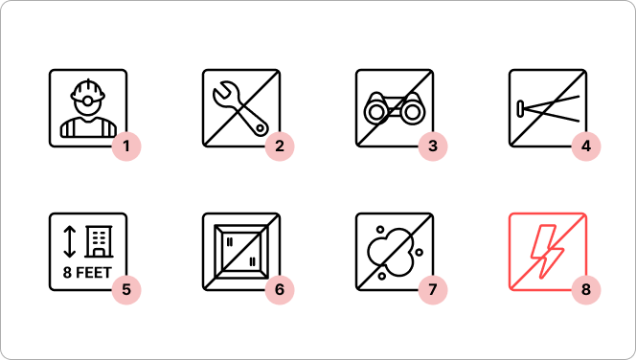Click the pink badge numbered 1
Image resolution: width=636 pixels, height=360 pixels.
pos(126,146)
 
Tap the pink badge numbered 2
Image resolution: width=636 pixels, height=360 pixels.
pos(280,146)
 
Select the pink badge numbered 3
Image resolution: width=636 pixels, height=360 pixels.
pos(433,146)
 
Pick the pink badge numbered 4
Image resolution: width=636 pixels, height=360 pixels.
pos(586,146)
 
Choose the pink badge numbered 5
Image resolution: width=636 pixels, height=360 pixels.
pos(126,289)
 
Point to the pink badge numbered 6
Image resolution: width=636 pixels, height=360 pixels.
pos(280,289)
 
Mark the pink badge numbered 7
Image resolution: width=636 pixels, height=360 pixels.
pos(433,289)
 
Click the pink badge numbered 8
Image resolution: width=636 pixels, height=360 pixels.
pos(586,289)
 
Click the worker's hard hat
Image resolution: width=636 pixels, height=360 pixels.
pos(87,90)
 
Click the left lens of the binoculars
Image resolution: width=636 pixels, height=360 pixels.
pos(376,112)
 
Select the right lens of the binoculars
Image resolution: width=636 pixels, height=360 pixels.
pos(413,112)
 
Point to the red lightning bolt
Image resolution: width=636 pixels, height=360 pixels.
pos(547,252)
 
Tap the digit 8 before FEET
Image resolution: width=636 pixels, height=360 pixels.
pos(67,273)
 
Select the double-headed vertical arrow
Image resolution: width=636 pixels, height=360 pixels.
pos(70,241)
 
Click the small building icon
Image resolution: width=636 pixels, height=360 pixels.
pos(99,241)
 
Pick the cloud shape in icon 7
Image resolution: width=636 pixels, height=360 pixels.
pos(390,252)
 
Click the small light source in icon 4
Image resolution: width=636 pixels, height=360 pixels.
pos(520,108)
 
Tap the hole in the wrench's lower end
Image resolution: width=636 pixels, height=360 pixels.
pos(261,128)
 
